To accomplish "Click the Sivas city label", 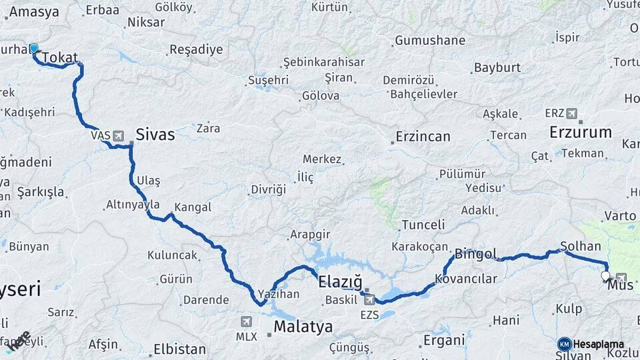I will (x=155, y=135).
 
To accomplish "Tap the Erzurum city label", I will (x=580, y=132).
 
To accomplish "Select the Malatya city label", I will (x=303, y=327).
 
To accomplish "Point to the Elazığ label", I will (x=339, y=281).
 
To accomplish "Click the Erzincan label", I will (x=422, y=137).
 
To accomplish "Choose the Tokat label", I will (x=60, y=58).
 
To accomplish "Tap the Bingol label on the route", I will (x=475, y=254).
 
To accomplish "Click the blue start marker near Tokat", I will (x=34, y=49).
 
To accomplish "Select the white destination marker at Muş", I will (x=605, y=275).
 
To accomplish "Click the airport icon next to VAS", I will (x=119, y=136).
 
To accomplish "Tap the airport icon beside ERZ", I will (x=571, y=113).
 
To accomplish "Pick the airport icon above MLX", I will (x=247, y=321).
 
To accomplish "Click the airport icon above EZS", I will (x=369, y=299).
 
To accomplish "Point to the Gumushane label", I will (x=430, y=41).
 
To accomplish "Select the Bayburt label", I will (x=497, y=68).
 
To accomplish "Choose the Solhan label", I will (x=581, y=246).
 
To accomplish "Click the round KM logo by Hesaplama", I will (x=564, y=344).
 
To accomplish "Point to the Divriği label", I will (x=268, y=189).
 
